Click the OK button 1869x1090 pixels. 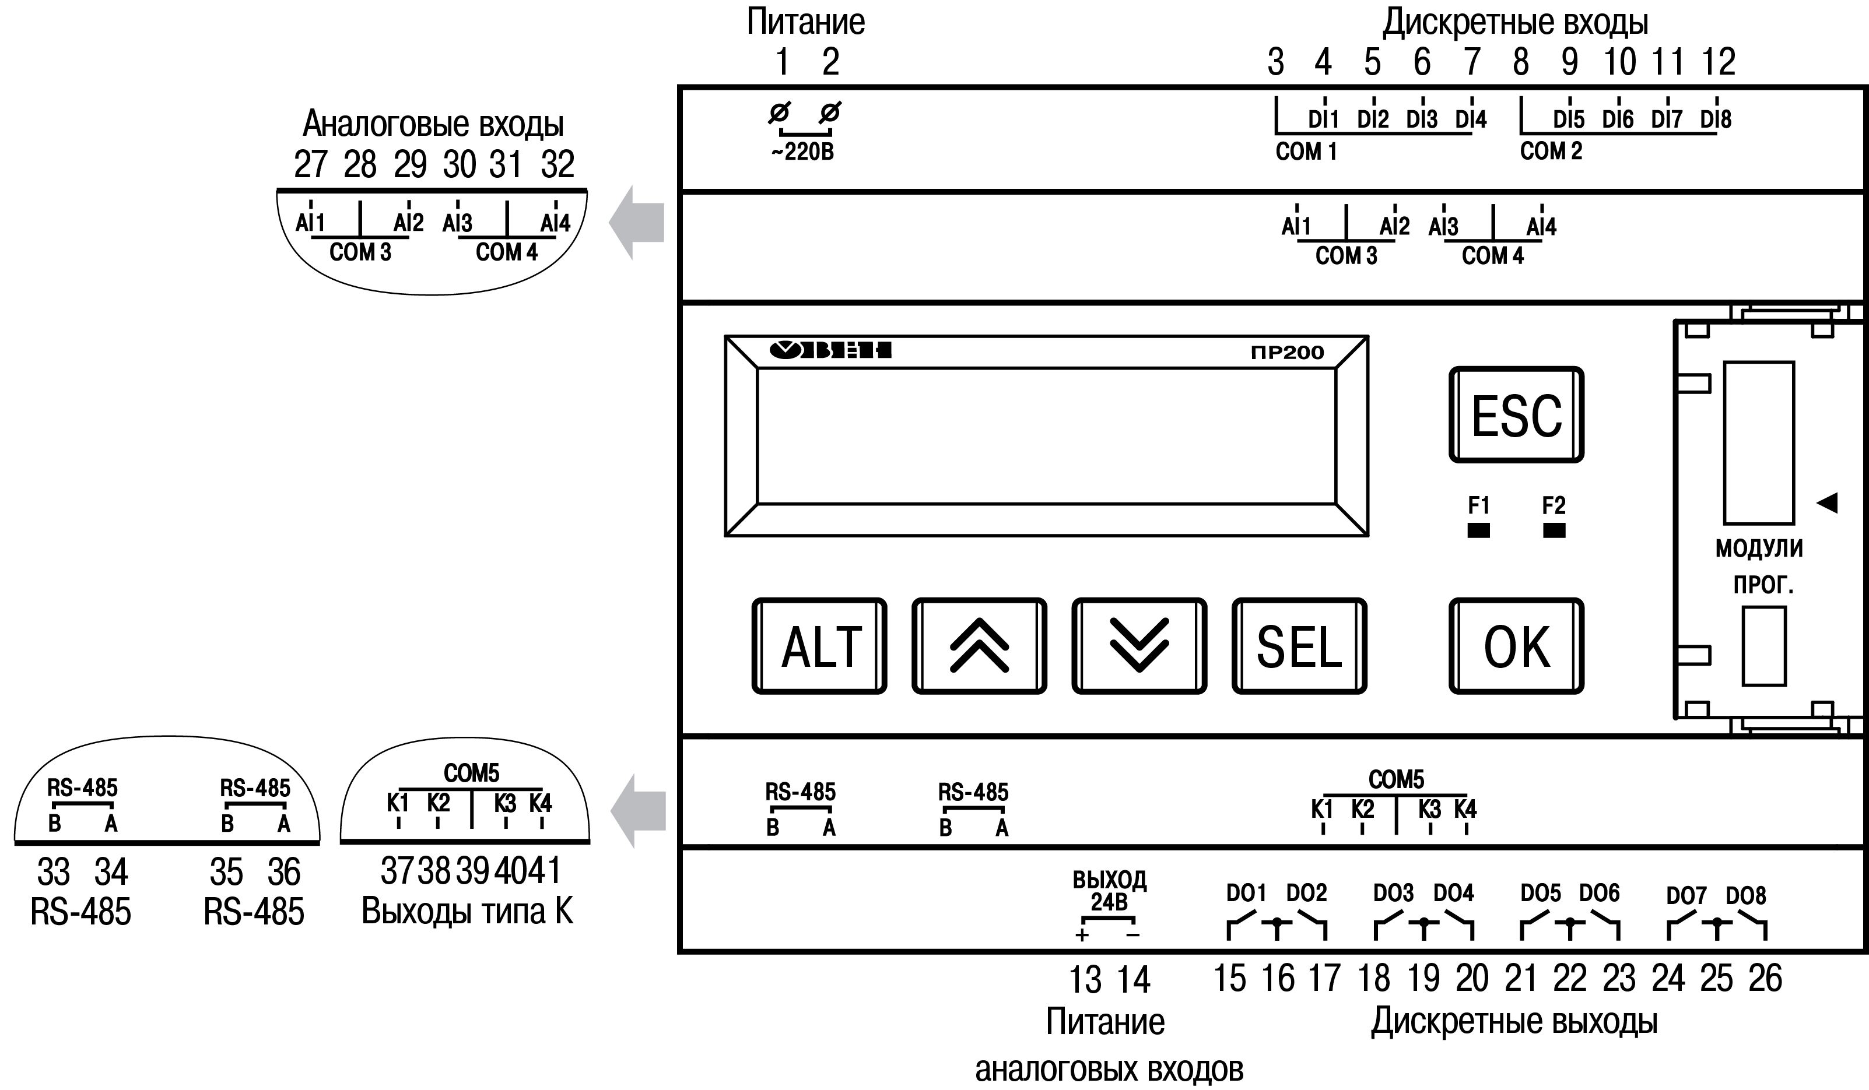tap(1516, 646)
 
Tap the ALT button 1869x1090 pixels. tap(819, 646)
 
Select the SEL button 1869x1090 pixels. tap(1299, 646)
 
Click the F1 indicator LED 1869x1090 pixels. tap(1478, 530)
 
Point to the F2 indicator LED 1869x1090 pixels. tap(1554, 530)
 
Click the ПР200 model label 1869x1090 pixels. tap(1287, 352)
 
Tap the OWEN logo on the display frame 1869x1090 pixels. tap(830, 350)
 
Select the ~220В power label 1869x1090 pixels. tap(802, 152)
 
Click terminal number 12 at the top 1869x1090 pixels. tap(1719, 62)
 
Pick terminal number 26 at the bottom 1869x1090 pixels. tap(1765, 979)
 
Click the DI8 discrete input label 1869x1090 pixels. tap(1716, 119)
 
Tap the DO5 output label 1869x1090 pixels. tap(1541, 894)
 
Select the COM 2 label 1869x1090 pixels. tap(1551, 152)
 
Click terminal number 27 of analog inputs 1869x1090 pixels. tap(310, 164)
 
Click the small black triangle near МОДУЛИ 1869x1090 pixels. tap(1827, 502)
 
